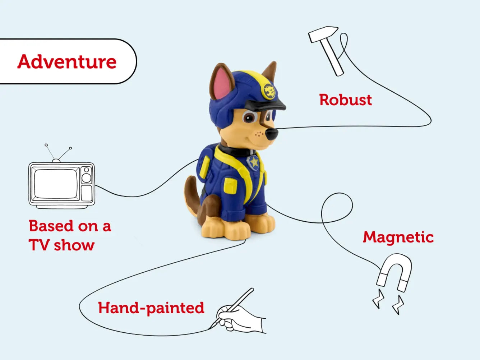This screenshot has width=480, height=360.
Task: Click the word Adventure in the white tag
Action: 67,61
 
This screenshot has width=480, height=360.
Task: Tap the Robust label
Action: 345,100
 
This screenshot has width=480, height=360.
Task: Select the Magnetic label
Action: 398,237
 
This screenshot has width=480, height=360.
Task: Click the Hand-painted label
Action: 151,308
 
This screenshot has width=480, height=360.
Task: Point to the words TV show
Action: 61,245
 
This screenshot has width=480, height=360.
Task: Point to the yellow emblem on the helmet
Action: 269,91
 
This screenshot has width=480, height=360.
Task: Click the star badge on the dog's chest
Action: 254,162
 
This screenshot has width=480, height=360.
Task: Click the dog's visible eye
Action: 249,117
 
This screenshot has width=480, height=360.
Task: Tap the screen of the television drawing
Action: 56,184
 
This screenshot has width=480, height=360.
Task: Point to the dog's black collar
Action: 234,151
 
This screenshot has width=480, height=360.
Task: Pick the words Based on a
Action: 70,226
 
